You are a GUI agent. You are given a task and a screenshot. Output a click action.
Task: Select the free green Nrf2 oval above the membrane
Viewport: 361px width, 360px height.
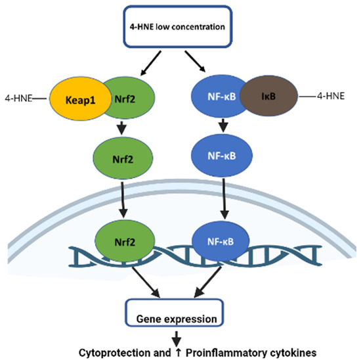point(124,158)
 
